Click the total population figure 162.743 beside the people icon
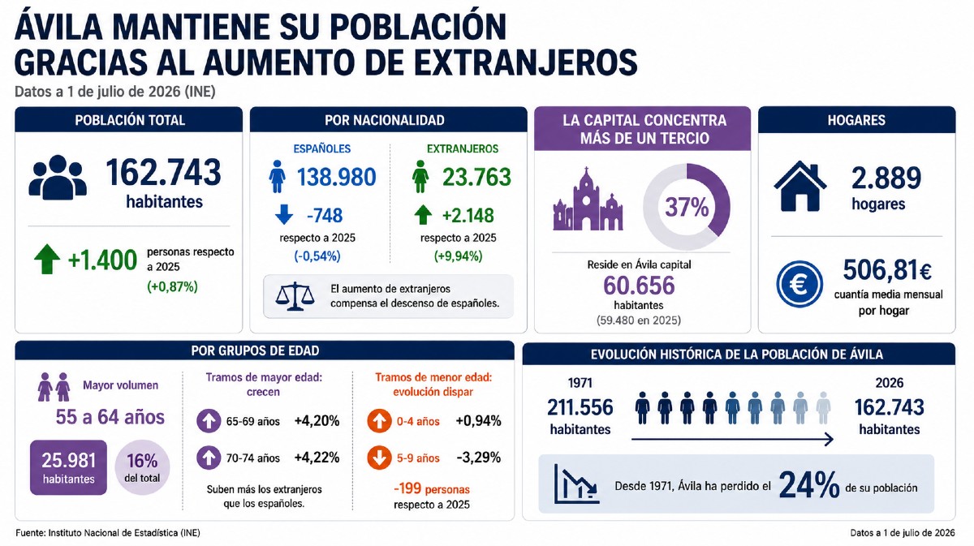163,173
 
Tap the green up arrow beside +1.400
47,259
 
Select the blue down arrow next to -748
284,215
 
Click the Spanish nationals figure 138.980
337,177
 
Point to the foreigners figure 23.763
476,177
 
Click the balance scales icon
295,296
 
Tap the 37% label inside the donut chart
687,207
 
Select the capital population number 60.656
639,286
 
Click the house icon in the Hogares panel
800,186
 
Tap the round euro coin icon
799,284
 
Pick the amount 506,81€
887,270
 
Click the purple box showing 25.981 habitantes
69,467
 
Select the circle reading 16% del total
142,467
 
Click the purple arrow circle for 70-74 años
209,458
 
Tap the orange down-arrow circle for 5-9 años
379,458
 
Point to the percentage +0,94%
478,421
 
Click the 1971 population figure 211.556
580,408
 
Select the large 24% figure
809,484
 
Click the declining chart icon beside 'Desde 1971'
576,484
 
